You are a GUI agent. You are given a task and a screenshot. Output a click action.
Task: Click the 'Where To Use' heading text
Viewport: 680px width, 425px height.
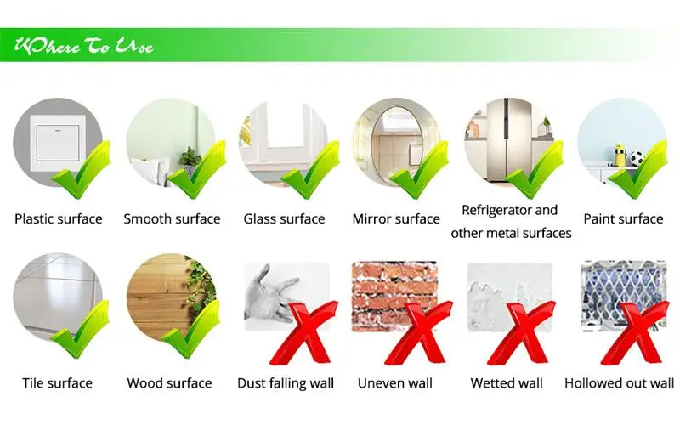coord(82,45)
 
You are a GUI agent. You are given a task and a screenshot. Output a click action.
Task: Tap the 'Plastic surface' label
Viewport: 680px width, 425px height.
coord(58,219)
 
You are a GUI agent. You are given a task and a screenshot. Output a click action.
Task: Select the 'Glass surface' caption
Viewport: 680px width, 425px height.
coord(284,219)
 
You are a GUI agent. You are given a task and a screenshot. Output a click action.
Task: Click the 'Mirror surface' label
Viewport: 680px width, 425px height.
coord(396,219)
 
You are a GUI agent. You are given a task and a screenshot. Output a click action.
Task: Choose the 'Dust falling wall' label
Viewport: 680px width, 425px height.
coord(285,383)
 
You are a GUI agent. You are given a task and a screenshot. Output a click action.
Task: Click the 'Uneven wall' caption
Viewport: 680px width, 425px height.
coord(394,383)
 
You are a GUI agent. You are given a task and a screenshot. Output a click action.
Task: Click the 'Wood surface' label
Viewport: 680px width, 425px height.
coord(169,383)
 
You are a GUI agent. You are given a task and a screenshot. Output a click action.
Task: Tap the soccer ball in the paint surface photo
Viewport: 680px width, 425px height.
coord(636,159)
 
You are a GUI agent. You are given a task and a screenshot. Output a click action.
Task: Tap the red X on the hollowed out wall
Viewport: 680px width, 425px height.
coord(638,331)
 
